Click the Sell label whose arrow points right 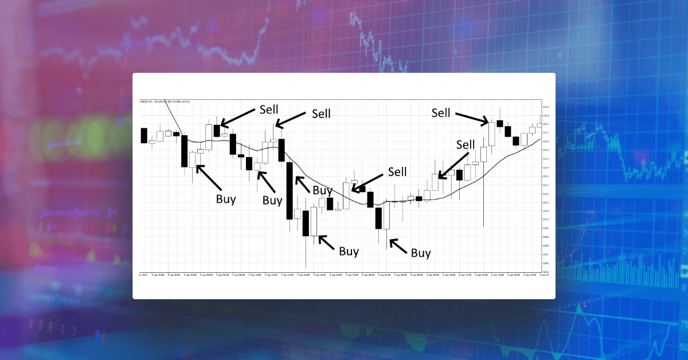pos(441,113)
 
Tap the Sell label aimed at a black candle pos(268,109)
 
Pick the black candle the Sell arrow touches pos(217,130)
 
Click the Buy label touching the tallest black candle pos(322,190)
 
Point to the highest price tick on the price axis pos(546,107)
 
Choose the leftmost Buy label pos(225,199)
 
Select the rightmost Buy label pos(421,253)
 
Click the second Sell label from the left pos(321,114)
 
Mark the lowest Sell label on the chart pos(397,171)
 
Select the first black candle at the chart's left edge pos(144,136)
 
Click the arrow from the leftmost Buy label pos(209,177)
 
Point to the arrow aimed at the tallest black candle pos(304,183)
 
